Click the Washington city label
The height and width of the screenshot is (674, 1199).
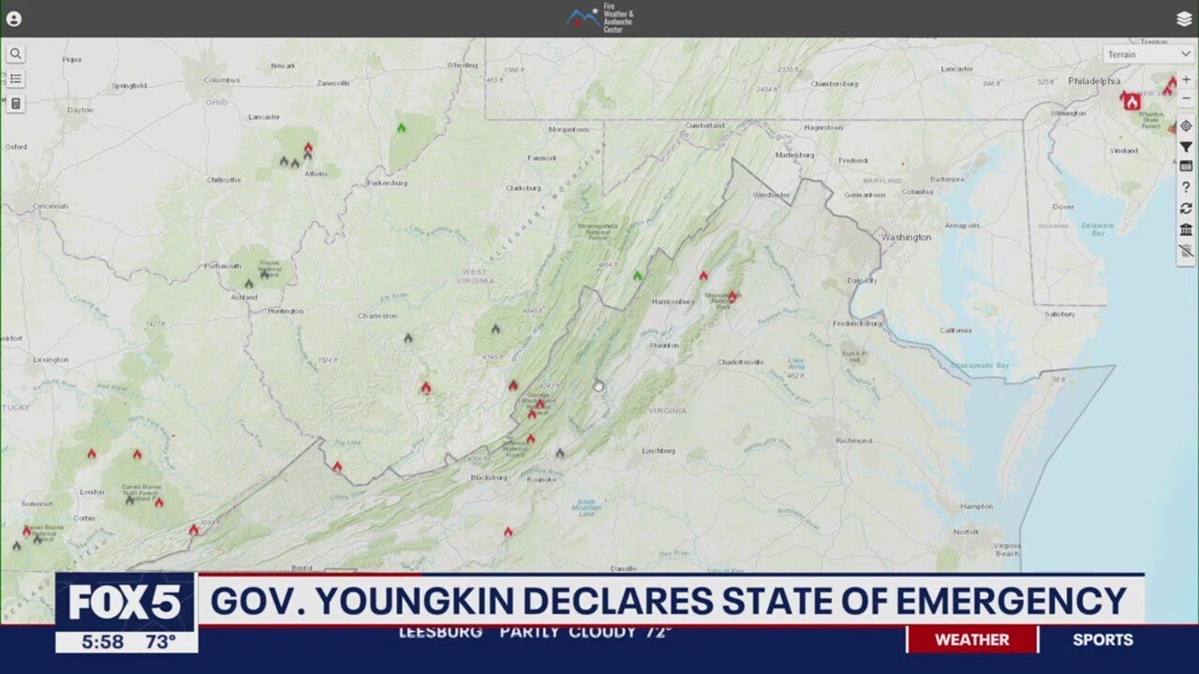point(906,238)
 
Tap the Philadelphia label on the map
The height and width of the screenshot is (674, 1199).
point(1093,81)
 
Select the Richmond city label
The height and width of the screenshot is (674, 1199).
point(853,440)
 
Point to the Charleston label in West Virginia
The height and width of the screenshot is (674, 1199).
point(377,316)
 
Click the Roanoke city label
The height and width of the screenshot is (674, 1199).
point(540,479)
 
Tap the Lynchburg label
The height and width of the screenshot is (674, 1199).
point(659,451)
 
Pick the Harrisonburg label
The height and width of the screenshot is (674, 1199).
point(673,301)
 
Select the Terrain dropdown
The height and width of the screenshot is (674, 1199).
point(1147,54)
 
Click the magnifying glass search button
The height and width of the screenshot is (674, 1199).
point(16,54)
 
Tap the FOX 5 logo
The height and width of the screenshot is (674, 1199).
point(125,603)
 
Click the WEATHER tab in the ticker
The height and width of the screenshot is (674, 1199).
point(971,640)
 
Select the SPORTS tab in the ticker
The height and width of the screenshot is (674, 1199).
point(1103,640)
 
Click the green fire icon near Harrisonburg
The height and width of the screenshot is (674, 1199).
point(637,275)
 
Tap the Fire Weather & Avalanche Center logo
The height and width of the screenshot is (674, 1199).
point(600,19)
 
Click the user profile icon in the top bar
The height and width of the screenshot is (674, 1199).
point(13,19)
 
